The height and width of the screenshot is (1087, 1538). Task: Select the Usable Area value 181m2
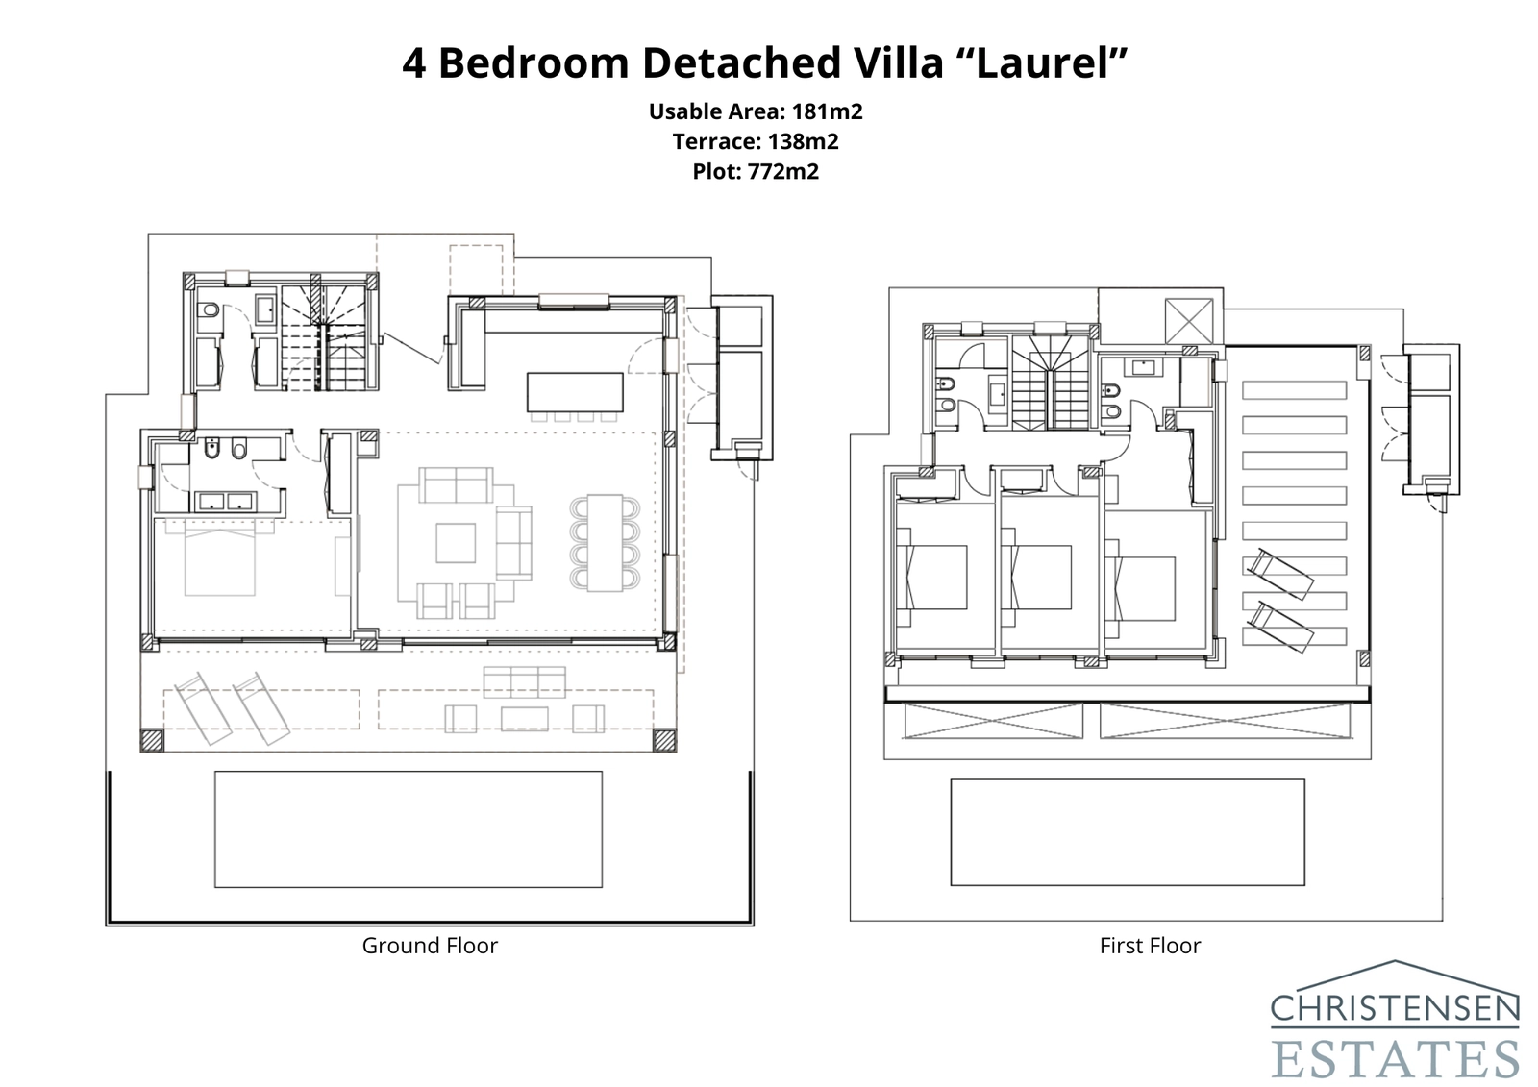pyautogui.click(x=827, y=111)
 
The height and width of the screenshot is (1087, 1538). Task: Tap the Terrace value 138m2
pyautogui.click(x=803, y=142)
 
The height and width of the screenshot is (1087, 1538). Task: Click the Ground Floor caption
pyautogui.click(x=430, y=946)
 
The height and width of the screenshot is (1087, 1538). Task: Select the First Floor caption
pyautogui.click(x=1150, y=946)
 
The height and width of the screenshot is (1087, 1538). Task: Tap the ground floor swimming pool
pyautogui.click(x=408, y=828)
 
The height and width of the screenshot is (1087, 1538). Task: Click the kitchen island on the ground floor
pyautogui.click(x=574, y=391)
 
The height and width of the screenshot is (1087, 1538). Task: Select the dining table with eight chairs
pyautogui.click(x=603, y=542)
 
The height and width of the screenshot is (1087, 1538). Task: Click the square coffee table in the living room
pyautogui.click(x=455, y=542)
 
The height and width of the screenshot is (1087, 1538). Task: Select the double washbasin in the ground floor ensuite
pyautogui.click(x=224, y=501)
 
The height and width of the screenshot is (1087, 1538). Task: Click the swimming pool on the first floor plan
pyautogui.click(x=1127, y=831)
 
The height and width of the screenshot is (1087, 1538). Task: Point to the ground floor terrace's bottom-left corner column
pyautogui.click(x=152, y=740)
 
